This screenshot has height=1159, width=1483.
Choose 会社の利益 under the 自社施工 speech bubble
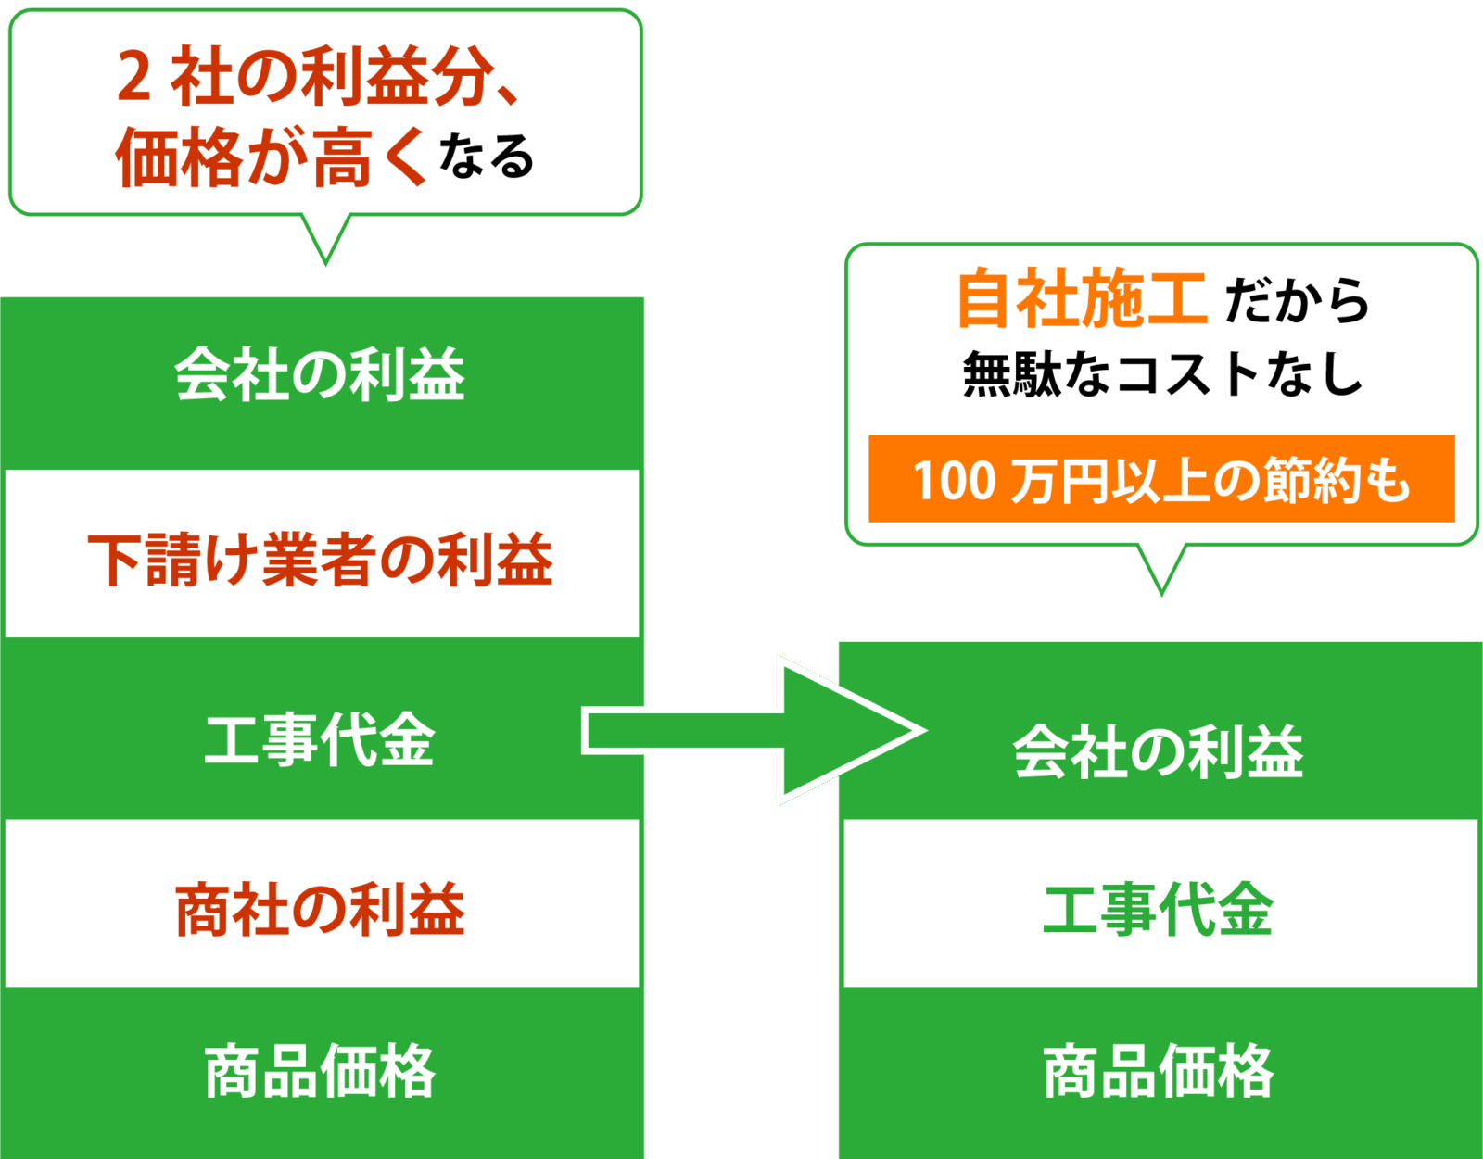pyautogui.click(x=1159, y=750)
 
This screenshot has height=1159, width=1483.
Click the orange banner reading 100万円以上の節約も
pyautogui.click(x=1161, y=478)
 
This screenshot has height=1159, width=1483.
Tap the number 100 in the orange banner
pyautogui.click(x=955, y=480)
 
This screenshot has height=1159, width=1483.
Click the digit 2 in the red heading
pyautogui.click(x=133, y=76)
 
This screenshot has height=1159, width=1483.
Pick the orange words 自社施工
pyautogui.click(x=1081, y=298)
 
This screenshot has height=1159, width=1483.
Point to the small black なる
pyautogui.click(x=487, y=156)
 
